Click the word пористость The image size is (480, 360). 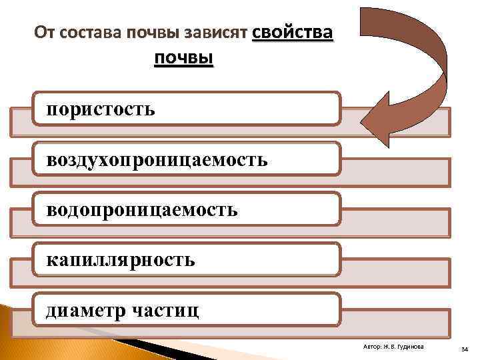tap(101, 109)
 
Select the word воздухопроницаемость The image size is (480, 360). tap(157, 159)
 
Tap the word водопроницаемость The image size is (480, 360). tap(142, 210)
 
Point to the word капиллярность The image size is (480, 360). tap(121, 260)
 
